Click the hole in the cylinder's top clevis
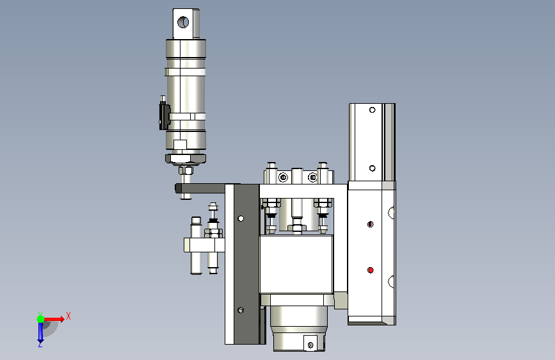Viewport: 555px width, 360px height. click(183, 22)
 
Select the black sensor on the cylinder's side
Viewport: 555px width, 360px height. click(164, 116)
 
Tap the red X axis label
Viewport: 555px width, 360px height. click(68, 316)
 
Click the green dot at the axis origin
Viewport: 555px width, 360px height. click(41, 319)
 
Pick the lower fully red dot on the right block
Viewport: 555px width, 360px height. click(371, 270)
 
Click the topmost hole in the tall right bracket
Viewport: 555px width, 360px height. click(372, 110)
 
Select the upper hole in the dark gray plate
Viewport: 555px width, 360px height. click(241, 218)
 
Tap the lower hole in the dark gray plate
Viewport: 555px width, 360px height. click(241, 311)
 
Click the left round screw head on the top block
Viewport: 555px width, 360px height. click(283, 177)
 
